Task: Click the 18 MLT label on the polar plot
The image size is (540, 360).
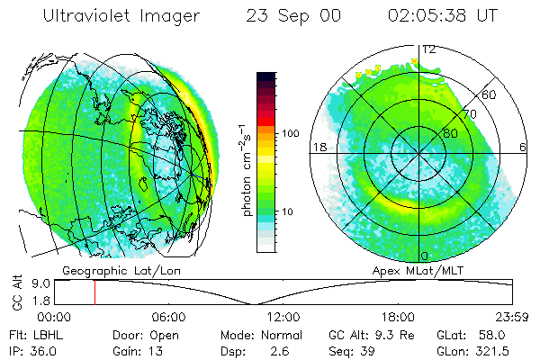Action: point(318,148)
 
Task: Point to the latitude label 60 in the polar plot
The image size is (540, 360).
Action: point(490,94)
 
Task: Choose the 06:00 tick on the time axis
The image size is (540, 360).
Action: point(168,317)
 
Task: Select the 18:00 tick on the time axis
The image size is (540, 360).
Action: point(398,317)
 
